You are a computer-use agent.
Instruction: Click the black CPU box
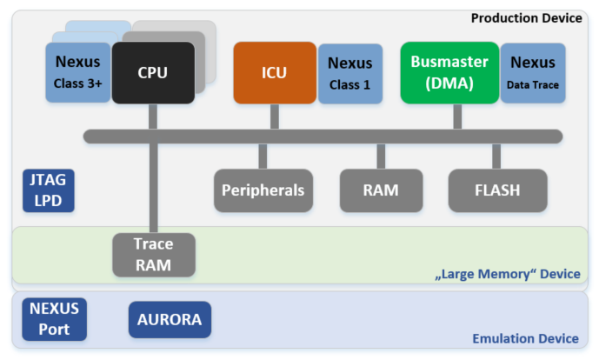click(x=153, y=72)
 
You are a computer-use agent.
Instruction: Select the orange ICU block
click(x=274, y=72)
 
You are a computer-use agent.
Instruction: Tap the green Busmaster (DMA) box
click(x=449, y=72)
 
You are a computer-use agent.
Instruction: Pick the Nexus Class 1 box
click(x=349, y=72)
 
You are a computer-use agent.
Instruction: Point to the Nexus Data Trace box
click(x=533, y=72)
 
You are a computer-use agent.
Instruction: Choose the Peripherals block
click(x=263, y=190)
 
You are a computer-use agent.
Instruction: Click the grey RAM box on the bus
click(x=381, y=190)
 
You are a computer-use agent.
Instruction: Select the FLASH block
click(x=497, y=190)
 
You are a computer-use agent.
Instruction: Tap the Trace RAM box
click(x=154, y=255)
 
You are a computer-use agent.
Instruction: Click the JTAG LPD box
click(x=48, y=190)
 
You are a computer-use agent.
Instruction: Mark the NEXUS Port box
click(x=54, y=319)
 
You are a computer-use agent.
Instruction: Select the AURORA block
click(x=170, y=319)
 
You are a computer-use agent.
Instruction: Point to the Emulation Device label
click(x=525, y=338)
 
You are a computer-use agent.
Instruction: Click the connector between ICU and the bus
click(x=274, y=117)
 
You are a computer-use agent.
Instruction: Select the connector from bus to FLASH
click(x=496, y=156)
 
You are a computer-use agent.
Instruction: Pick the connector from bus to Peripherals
click(x=263, y=156)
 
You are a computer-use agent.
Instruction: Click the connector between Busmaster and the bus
click(x=449, y=117)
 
